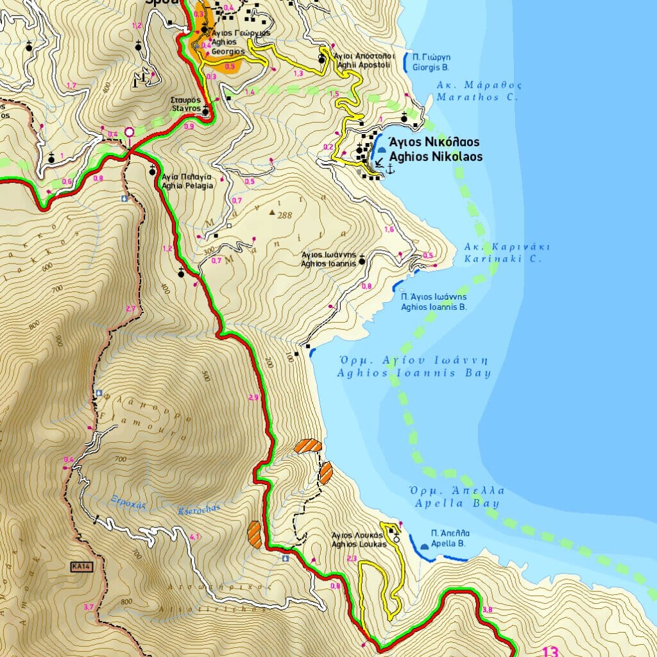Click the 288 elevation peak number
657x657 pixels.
[x=285, y=216]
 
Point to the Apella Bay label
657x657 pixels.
[x=456, y=497]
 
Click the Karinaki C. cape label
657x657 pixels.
[x=503, y=253]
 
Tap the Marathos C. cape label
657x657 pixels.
[x=479, y=91]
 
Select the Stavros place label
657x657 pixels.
[x=185, y=105]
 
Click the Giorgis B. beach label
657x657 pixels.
[x=431, y=62]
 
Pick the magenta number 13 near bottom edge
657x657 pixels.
[x=550, y=651]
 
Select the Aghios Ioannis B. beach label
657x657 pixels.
[x=433, y=302]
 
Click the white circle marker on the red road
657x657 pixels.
[x=129, y=132]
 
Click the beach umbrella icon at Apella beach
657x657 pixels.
[x=424, y=546]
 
